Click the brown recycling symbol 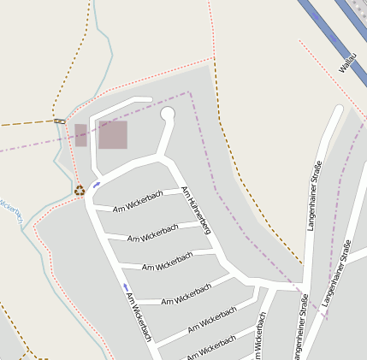click(79, 191)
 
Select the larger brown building click(113, 135)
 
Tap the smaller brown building click(80, 135)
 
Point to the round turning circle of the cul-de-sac click(168, 114)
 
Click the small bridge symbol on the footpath click(59, 121)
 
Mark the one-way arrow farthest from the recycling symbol click(126, 286)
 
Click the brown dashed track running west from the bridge click(26, 124)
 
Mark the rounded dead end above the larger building click(151, 101)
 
